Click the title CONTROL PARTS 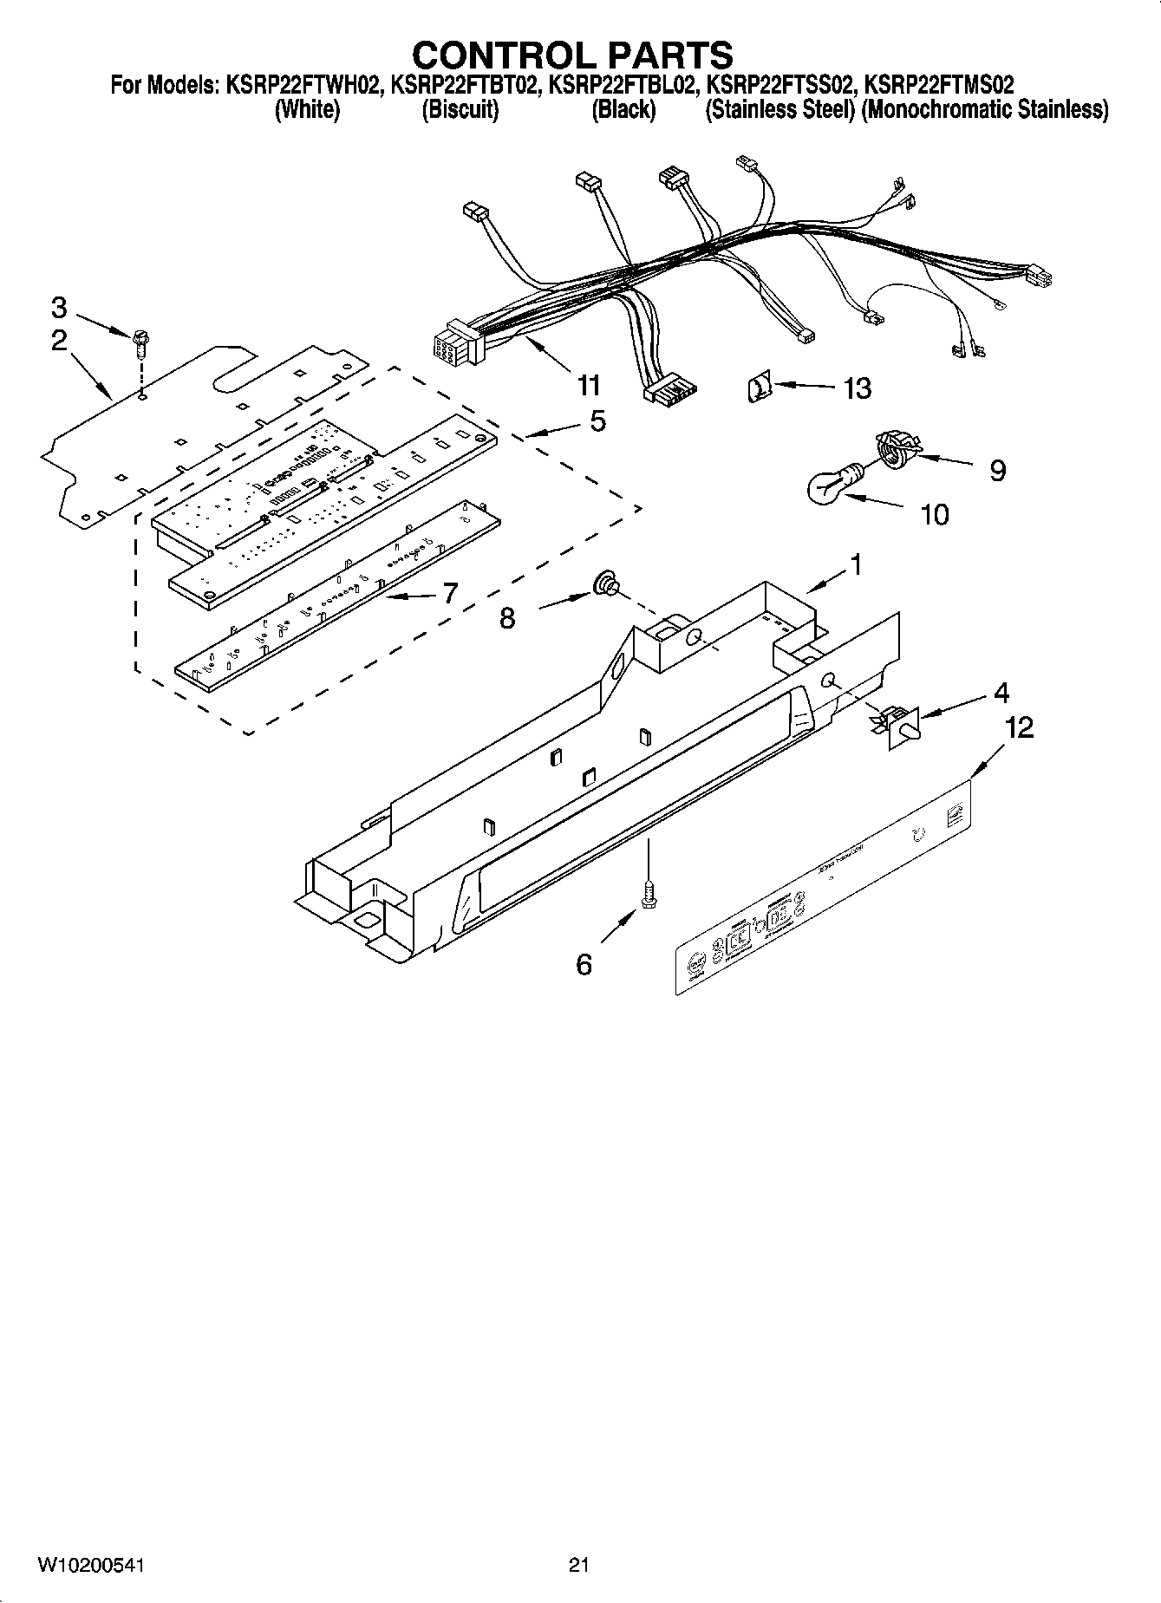coord(572,55)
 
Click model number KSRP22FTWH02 coord(303,85)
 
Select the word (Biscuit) coord(460,110)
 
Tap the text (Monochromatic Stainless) coord(984,110)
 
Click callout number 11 coord(589,384)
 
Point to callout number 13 coord(857,388)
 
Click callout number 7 coord(449,593)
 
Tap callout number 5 coord(597,421)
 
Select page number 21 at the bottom coord(579,1564)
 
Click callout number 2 coord(58,340)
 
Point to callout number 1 coord(855,564)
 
